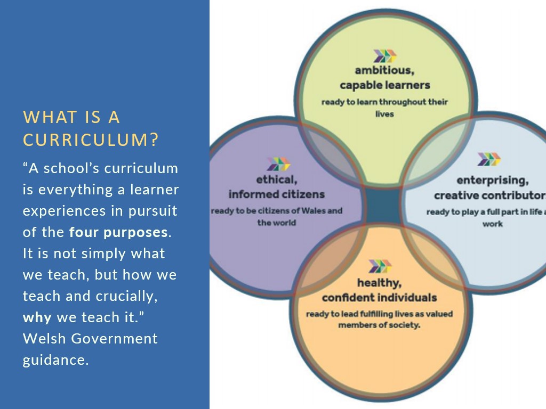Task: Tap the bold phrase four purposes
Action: point(118,232)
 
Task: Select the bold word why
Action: point(37,317)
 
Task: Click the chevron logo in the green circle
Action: point(385,56)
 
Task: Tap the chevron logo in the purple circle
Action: point(278,164)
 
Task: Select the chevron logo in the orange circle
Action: point(380,266)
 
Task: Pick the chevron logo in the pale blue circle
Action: point(489,159)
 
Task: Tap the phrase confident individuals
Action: point(379,298)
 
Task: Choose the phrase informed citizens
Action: point(277,194)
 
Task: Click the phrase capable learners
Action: point(385,85)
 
